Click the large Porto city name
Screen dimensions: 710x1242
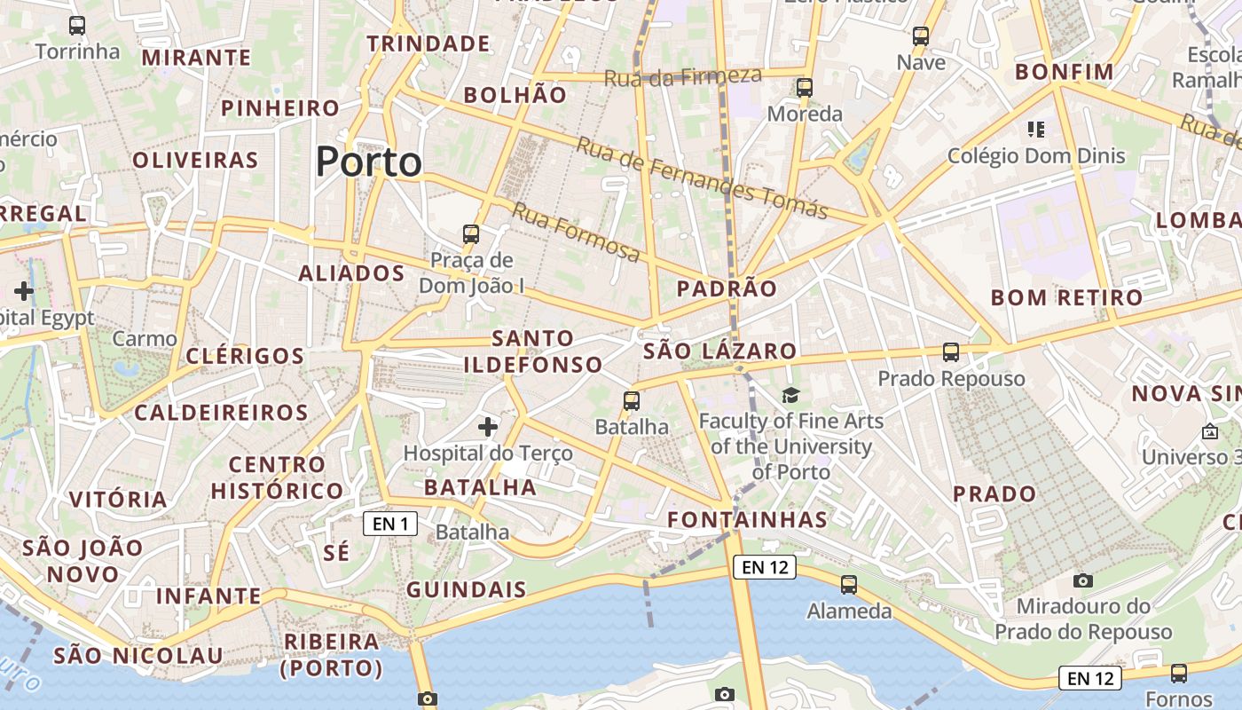coord(368,162)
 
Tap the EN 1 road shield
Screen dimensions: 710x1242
coord(390,524)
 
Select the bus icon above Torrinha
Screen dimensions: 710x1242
coord(77,26)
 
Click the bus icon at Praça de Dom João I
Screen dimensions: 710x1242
coord(471,234)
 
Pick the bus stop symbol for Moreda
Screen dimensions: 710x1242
coord(805,88)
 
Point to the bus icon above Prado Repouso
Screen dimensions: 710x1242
coord(951,352)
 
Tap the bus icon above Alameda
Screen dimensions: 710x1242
coord(849,585)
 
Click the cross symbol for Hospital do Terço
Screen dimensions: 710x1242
coord(488,427)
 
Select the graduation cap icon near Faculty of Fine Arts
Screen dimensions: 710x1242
coord(790,396)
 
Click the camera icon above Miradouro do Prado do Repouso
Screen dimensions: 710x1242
coord(1083,580)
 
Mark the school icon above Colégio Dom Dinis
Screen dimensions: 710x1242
coord(1035,130)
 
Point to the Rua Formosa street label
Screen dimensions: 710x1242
coord(576,233)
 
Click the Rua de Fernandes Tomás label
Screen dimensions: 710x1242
coord(702,177)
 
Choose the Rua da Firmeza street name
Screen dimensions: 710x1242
coord(683,76)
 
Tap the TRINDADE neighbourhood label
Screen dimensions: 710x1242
coord(428,43)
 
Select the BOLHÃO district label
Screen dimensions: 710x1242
coord(515,95)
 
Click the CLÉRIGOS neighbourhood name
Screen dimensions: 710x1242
coord(246,356)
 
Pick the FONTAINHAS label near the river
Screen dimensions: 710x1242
coord(747,519)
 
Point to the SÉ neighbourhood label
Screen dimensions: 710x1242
coord(336,552)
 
